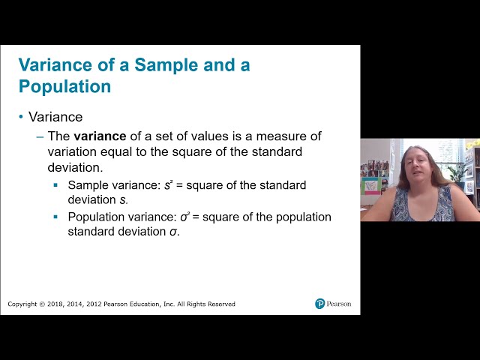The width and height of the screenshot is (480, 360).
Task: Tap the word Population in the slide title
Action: click(64, 86)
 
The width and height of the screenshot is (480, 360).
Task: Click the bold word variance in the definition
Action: click(99, 136)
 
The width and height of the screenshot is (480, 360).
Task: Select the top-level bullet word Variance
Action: click(55, 117)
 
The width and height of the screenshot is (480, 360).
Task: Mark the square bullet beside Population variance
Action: click(55, 217)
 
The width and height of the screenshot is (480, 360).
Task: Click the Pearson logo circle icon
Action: click(320, 304)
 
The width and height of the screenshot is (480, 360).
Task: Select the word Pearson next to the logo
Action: click(339, 304)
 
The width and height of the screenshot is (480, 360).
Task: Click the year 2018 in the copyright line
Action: click(55, 304)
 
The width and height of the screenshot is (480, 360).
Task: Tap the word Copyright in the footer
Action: click(22, 304)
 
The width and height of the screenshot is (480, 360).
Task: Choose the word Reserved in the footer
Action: click(220, 304)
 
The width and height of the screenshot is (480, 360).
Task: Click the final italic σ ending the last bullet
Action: click(175, 232)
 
